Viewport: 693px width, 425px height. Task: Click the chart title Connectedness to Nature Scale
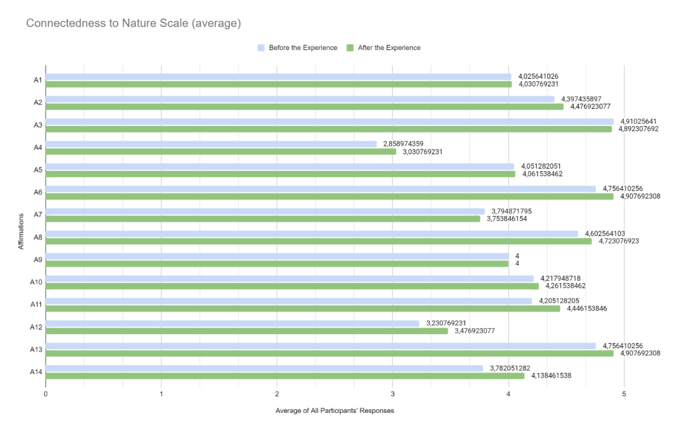click(133, 24)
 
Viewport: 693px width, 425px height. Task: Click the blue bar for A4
click(211, 144)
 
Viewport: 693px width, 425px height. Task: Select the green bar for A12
click(247, 331)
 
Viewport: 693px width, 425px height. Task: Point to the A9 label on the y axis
click(37, 260)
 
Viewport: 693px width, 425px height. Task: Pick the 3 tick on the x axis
click(393, 394)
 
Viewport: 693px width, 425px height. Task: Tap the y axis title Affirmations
click(21, 230)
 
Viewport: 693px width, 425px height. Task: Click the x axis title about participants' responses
click(334, 411)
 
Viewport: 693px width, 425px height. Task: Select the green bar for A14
click(285, 375)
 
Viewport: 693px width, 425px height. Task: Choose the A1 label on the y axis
click(37, 80)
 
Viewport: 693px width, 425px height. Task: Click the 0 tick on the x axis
click(46, 394)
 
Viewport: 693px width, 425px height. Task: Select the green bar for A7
click(263, 218)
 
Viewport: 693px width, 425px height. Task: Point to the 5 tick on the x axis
click(624, 394)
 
